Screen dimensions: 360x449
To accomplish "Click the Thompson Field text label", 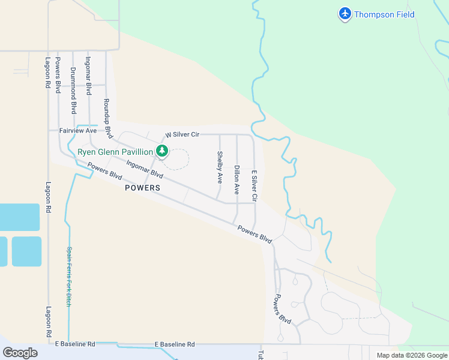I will [x=384, y=14].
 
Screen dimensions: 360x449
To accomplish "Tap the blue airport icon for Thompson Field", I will [x=345, y=13].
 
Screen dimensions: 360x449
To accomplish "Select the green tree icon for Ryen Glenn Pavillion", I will [x=161, y=151].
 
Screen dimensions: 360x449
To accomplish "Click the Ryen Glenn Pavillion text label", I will [x=115, y=152].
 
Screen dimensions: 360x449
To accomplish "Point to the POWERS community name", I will [x=143, y=188].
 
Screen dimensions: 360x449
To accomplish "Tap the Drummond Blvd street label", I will [x=73, y=91].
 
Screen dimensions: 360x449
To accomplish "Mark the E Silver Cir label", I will [x=254, y=185].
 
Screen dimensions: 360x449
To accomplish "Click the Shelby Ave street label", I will [x=220, y=167].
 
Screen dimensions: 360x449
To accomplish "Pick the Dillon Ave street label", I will [x=237, y=179].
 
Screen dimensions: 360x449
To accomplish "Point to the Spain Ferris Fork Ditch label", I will [x=69, y=277].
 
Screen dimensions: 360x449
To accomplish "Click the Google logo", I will [x=20, y=352].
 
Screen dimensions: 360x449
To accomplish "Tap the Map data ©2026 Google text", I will [x=412, y=355].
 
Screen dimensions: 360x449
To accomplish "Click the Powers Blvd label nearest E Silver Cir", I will [x=255, y=233].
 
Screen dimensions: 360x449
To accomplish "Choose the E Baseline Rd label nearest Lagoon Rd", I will [x=75, y=344].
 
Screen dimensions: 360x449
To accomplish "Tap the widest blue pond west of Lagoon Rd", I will [x=18, y=217].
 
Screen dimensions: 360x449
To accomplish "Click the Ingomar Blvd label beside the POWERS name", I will [x=145, y=168].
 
